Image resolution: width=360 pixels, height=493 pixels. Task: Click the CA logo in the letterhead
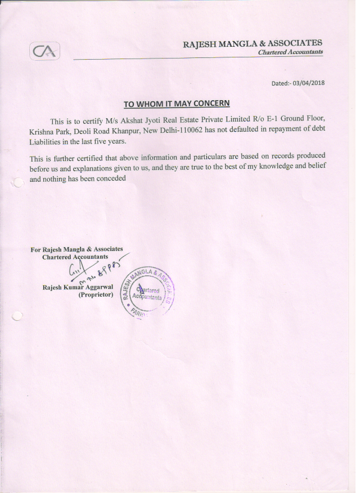pos(44,52)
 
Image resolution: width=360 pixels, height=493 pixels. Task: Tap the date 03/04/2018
pos(308,83)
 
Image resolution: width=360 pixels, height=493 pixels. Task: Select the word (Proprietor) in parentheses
pos(96,294)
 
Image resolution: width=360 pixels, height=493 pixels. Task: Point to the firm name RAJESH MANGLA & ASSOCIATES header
pos(253,43)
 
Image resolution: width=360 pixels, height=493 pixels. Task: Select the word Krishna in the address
pos(43,131)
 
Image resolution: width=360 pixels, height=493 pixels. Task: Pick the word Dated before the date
pos(280,83)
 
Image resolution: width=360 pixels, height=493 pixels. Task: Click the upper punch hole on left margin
pos(18,182)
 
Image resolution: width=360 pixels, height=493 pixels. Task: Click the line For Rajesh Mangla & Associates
pos(76,249)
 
